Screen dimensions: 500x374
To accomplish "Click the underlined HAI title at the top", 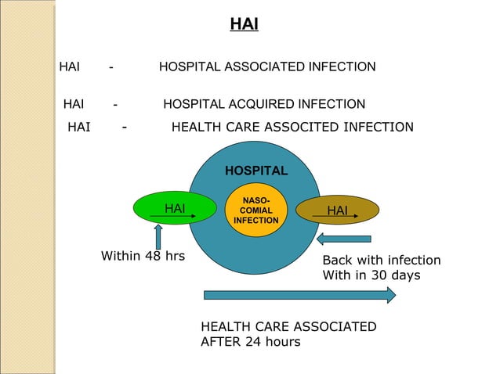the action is coord(244,25).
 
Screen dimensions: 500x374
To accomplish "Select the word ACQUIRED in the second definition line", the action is coord(263,104).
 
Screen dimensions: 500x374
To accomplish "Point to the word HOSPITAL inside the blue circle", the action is coord(256,171).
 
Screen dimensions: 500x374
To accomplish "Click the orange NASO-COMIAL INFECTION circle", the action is coord(255,210).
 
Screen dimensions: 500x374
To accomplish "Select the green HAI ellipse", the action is coord(175,208).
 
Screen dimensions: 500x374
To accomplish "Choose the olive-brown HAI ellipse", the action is coord(338,210).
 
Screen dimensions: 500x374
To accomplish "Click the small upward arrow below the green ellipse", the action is coord(158,236).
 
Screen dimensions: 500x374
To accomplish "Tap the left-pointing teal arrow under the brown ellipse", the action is coord(344,239).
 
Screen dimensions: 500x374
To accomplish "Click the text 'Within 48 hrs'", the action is coord(143,256).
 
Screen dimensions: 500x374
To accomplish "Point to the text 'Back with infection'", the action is coord(382,261).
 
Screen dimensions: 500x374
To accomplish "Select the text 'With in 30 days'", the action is coord(371,275).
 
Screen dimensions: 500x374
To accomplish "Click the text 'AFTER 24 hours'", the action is coord(250,342).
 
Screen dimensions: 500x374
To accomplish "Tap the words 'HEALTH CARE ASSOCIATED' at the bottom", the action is coord(288,327).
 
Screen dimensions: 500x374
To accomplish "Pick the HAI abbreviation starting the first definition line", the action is coord(70,67).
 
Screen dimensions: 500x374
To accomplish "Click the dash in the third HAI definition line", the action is coord(125,127).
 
